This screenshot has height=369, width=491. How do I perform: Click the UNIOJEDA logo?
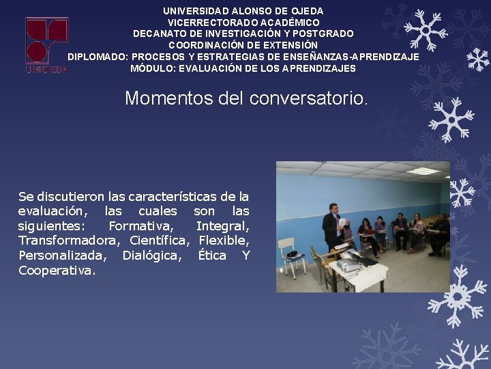pyautogui.click(x=47, y=45)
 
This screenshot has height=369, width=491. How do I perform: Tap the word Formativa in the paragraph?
pyautogui.click(x=140, y=226)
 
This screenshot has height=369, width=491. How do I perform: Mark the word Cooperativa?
pyautogui.click(x=57, y=271)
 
